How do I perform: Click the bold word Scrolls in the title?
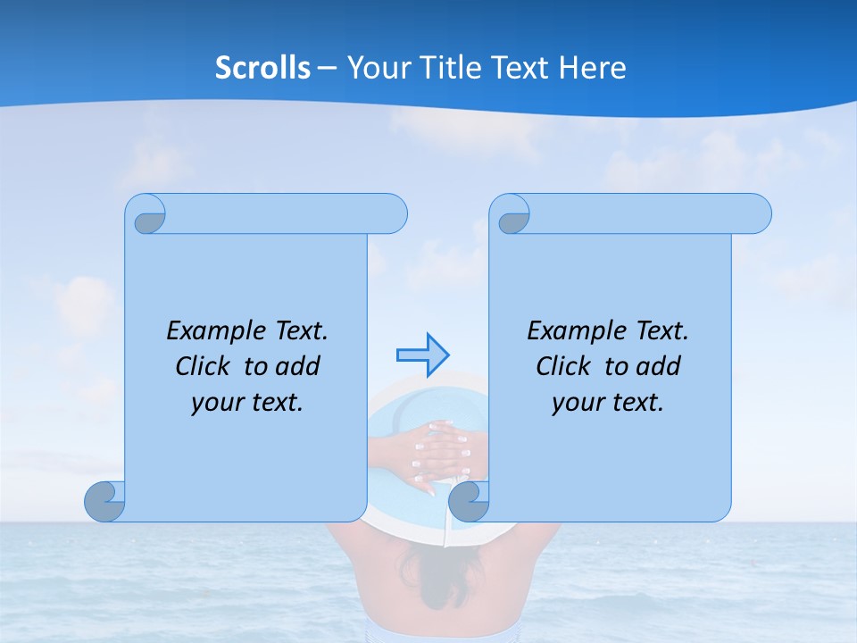(x=262, y=68)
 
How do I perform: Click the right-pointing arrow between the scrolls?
(x=421, y=355)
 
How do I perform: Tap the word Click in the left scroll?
(x=196, y=366)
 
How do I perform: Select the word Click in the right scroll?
(x=556, y=366)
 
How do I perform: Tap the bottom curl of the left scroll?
(x=104, y=502)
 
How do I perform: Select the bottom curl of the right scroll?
(x=468, y=502)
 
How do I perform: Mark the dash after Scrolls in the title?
(x=327, y=68)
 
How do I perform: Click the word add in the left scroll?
(x=298, y=366)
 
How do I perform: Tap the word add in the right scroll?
(x=659, y=366)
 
